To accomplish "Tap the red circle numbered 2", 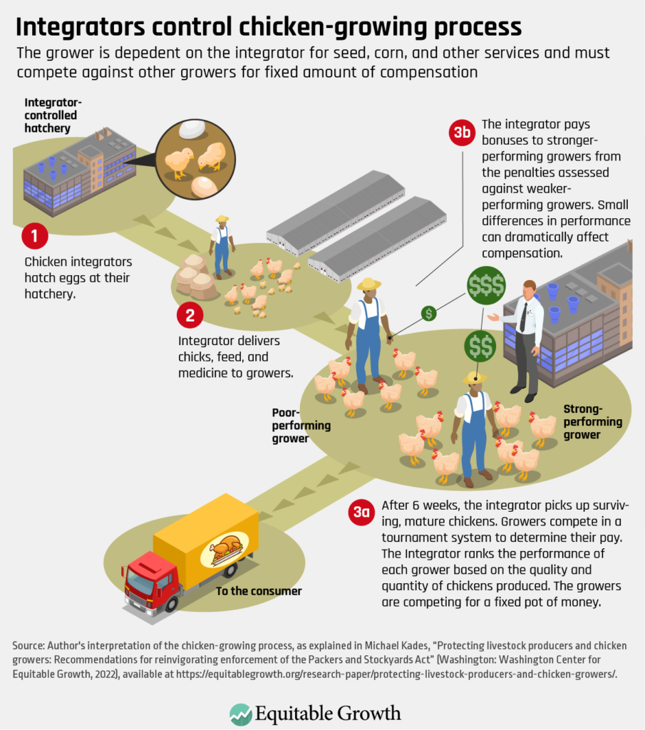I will point(190,314).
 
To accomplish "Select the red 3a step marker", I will point(361,512).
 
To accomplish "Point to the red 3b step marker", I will point(462,133).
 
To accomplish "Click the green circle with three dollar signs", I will point(486,286).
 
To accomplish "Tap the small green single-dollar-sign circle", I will point(428,312).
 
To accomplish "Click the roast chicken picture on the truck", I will point(227,548).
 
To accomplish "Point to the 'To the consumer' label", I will point(259,591).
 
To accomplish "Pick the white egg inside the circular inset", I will point(193,129).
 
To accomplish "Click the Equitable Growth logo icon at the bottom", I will point(240,714).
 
